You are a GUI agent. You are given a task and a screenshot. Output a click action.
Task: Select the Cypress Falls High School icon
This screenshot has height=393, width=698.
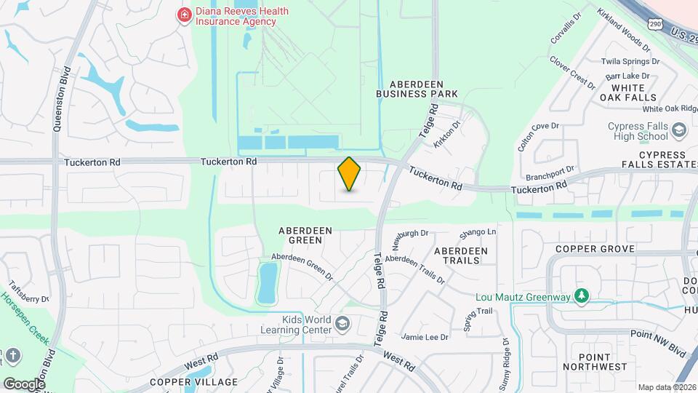point(679,131)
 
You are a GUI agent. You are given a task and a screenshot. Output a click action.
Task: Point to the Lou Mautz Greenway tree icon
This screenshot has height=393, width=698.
point(581,295)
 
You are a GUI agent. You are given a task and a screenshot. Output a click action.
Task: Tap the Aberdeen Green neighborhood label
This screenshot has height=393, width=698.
point(305,237)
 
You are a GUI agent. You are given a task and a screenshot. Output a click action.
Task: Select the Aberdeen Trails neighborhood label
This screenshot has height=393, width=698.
point(461,255)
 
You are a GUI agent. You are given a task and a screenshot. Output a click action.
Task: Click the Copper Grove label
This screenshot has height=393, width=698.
point(595,249)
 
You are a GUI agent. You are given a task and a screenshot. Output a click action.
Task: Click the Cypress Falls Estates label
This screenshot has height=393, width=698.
point(662,160)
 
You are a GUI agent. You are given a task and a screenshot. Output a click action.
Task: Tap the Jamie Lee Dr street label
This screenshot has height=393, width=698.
point(425,337)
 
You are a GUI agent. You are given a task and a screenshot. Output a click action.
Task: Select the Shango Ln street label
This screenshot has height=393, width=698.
point(478,233)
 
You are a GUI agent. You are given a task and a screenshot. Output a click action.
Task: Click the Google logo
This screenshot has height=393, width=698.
point(24,384)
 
